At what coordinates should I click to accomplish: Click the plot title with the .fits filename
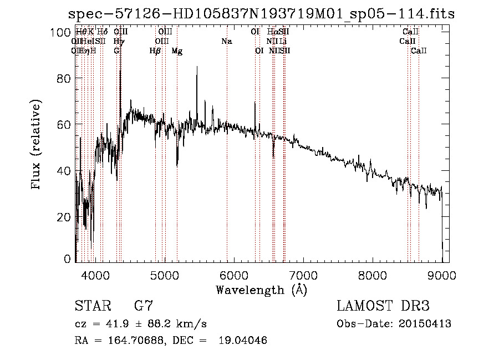click(x=261, y=14)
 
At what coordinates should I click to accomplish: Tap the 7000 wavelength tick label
click(x=303, y=274)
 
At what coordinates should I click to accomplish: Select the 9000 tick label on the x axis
click(x=442, y=274)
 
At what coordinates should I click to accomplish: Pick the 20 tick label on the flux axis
click(x=64, y=216)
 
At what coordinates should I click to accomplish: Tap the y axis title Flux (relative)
click(x=37, y=146)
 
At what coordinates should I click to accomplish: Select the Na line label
click(x=226, y=41)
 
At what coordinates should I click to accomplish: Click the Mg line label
click(x=177, y=51)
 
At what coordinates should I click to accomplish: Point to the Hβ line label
click(x=155, y=51)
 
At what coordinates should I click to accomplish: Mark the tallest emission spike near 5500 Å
click(x=196, y=68)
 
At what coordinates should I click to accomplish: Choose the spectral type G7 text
click(x=144, y=306)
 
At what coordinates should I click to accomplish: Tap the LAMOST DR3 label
click(x=383, y=306)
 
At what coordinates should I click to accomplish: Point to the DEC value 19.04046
click(x=242, y=341)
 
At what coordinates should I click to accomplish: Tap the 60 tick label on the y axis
click(x=64, y=125)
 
